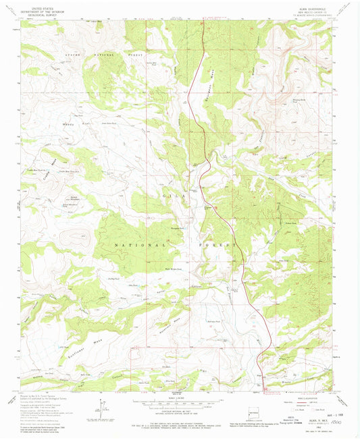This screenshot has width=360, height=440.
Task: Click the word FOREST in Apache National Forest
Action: point(138,53)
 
